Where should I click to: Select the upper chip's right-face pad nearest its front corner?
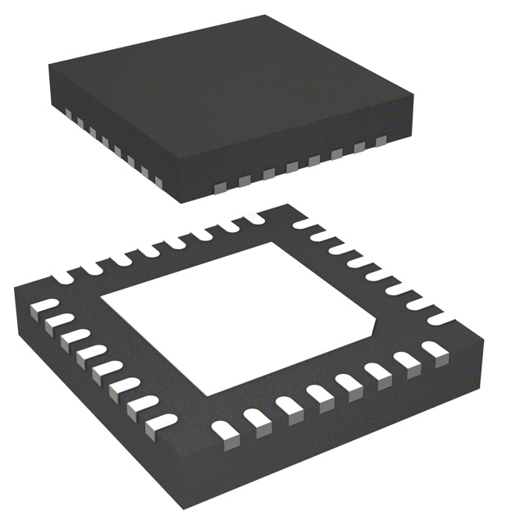point(221,187)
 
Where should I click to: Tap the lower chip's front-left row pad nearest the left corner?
point(38,309)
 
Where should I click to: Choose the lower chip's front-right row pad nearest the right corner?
point(433,351)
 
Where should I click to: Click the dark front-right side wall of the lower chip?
point(345,418)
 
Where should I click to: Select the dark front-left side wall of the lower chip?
point(90,394)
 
